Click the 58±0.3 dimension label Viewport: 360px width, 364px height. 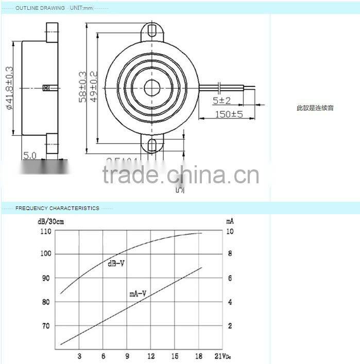(82, 88)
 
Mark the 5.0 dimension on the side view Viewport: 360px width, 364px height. (29, 155)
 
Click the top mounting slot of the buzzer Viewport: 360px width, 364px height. (152, 30)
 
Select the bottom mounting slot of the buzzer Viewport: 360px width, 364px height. (152, 146)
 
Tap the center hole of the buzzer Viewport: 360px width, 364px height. (152, 88)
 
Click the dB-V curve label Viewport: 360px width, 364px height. (116, 264)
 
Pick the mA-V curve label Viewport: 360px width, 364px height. (138, 294)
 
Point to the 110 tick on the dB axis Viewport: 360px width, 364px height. (45, 232)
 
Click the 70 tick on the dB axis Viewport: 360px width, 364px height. (45, 326)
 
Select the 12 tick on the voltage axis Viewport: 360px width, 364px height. (151, 356)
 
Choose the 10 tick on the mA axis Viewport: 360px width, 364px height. (230, 232)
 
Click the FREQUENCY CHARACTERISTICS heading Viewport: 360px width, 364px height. (57, 209)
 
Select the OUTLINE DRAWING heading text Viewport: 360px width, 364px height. (40, 8)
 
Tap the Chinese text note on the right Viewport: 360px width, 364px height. (315, 108)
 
